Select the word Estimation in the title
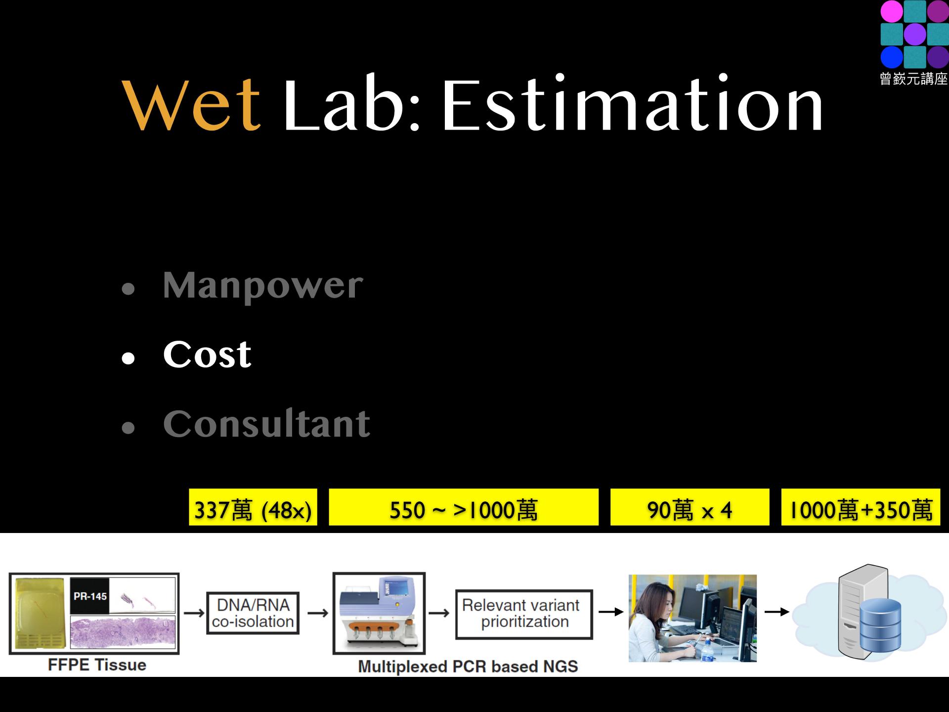tap(633, 103)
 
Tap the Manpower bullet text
tap(263, 286)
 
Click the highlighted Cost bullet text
tap(207, 354)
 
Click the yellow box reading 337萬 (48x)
tap(253, 507)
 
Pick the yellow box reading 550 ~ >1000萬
tap(464, 507)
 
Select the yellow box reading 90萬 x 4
tap(690, 507)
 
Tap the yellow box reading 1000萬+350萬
tap(861, 507)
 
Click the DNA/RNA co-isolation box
tap(253, 613)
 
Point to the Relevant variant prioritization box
tap(524, 614)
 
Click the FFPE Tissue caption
tap(97, 665)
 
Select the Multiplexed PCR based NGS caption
tap(468, 667)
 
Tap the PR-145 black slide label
tap(89, 596)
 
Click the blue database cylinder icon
tap(880, 627)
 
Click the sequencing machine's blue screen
tap(395, 589)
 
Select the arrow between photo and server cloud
tap(777, 612)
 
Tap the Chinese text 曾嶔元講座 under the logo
tap(914, 79)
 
